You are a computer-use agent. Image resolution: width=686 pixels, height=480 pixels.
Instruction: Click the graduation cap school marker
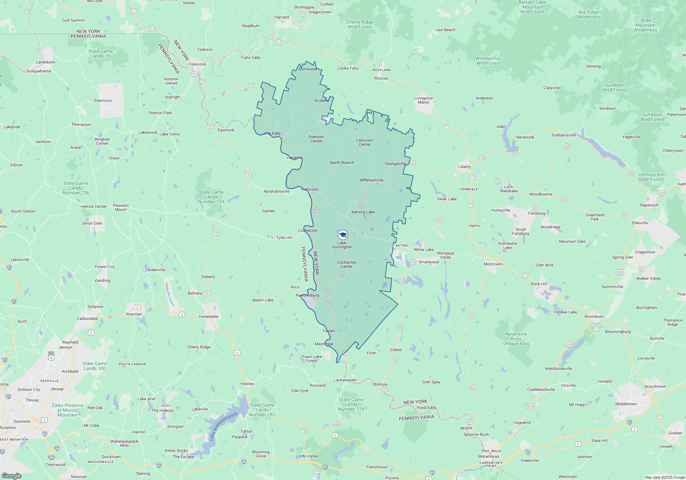coord(343,235)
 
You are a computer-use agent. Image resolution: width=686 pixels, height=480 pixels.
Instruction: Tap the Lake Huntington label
coord(342,245)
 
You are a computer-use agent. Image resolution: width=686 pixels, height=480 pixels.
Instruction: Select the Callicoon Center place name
coord(364,142)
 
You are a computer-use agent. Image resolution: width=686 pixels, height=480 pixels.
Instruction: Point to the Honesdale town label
coord(209,316)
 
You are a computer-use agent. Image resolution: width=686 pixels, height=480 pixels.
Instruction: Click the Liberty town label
coord(464,167)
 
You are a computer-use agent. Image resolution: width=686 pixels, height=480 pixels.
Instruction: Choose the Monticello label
coord(493,264)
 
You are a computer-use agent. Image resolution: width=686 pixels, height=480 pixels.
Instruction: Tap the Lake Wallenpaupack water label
coord(223,426)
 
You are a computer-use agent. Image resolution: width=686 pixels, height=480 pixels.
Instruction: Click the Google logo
coord(11,476)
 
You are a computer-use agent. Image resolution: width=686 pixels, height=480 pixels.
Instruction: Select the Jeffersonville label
coord(371,180)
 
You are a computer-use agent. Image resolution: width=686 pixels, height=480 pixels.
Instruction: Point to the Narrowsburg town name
coord(307,295)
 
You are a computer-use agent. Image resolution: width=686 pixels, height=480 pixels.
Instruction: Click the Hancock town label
coord(198,64)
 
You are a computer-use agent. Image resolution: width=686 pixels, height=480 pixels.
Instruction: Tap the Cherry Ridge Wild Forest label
coord(360,24)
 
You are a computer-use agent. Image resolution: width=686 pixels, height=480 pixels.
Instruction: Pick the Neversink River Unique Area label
coord(516,339)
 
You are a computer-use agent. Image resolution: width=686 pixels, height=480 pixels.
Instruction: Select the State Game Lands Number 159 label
coord(211,197)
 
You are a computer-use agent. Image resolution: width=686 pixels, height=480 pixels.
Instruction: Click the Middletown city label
coord(626,404)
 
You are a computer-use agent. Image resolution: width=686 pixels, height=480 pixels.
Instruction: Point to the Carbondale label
coord(87,319)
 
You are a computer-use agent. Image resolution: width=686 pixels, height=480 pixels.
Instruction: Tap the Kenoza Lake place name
coord(363,212)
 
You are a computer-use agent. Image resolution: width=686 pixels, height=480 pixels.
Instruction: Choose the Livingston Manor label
coord(424,100)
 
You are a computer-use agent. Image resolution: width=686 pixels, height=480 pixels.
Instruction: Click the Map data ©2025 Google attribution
coord(664,477)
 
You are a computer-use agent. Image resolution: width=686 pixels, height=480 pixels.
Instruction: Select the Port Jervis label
coord(491,451)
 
